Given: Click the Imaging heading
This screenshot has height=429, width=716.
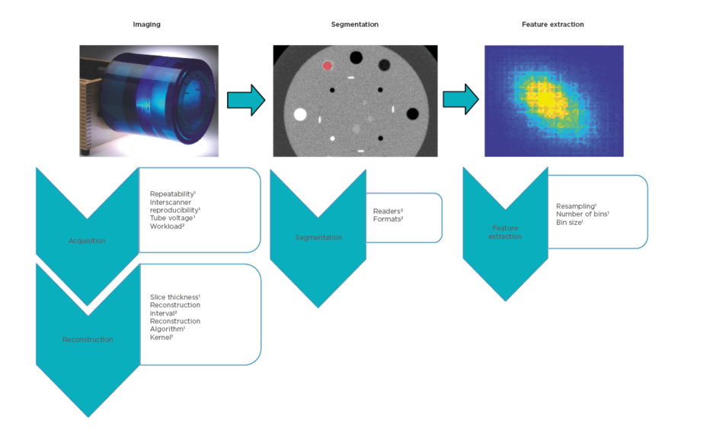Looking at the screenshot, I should (147, 24).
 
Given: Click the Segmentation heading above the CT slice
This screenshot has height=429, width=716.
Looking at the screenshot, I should (354, 24).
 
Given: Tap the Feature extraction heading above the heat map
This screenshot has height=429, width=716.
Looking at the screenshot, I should (553, 24).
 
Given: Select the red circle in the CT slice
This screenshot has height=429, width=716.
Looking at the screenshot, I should (328, 66).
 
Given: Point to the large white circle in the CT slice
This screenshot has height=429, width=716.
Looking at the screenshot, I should (300, 114).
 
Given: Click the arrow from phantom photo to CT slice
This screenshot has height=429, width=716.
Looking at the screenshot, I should (245, 100).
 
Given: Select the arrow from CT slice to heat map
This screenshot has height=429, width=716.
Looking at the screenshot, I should (460, 100).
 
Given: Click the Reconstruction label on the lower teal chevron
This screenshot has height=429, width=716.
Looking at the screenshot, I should (88, 339).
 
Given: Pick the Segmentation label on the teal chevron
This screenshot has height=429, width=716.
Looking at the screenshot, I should (319, 238).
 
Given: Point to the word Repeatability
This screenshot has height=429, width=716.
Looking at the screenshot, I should (172, 194).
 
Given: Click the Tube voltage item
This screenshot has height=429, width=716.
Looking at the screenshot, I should (172, 218).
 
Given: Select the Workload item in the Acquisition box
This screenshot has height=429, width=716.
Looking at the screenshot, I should (167, 226).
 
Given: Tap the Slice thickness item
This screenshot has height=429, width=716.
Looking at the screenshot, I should (174, 296).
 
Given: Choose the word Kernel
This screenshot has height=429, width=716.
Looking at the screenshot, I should (161, 337).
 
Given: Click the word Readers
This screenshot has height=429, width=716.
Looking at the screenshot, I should (387, 211).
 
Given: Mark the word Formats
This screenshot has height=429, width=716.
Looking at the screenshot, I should (388, 219).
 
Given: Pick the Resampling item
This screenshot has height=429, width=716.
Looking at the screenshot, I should (576, 206).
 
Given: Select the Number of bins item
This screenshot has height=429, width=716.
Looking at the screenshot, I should (582, 214).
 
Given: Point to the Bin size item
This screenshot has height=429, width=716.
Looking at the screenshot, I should (570, 223).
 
